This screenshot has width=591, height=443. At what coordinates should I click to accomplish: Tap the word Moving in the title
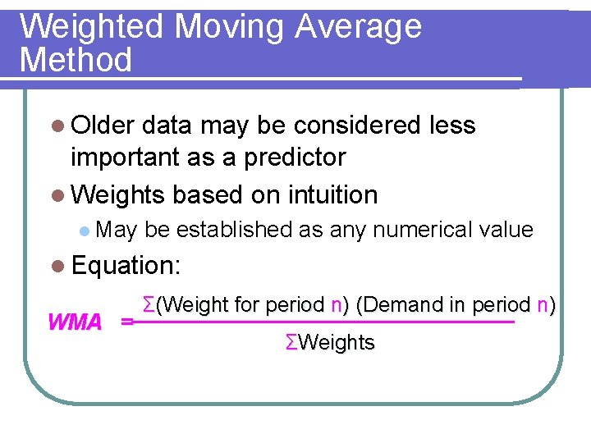[230, 27]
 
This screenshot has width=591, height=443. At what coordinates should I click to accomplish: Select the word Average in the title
[358, 27]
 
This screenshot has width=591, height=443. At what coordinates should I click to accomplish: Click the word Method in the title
[76, 61]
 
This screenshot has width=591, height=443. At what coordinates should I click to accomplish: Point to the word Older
[103, 126]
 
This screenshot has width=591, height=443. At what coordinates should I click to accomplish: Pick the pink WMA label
[75, 322]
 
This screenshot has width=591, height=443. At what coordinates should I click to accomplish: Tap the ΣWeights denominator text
[330, 343]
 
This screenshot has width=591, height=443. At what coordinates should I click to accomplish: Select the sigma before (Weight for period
[149, 305]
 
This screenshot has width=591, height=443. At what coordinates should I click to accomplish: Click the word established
[234, 230]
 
